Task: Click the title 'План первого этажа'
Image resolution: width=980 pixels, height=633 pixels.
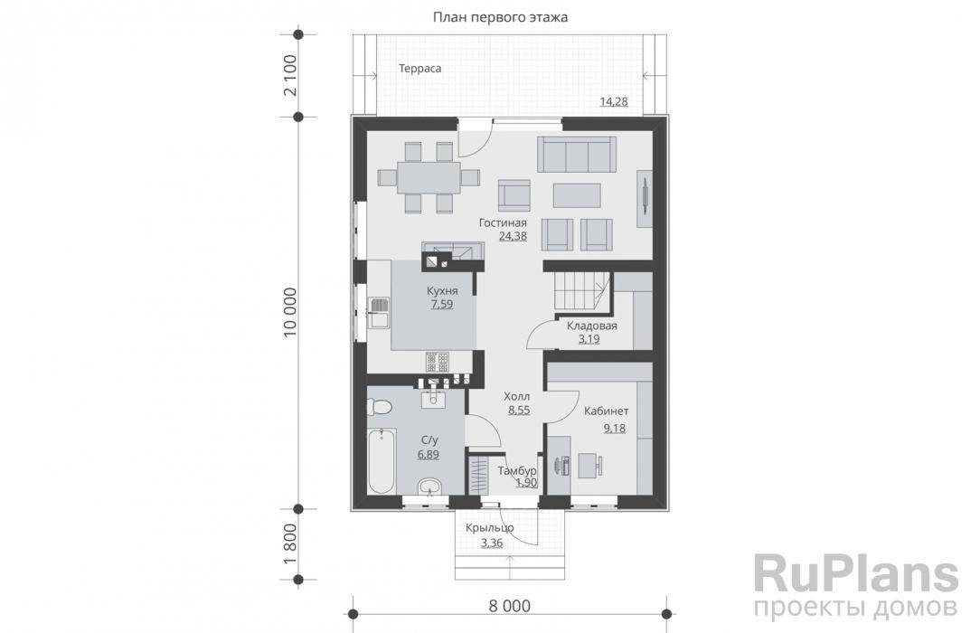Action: coord(500,17)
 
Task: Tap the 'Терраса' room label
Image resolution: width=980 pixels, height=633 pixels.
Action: coord(420,69)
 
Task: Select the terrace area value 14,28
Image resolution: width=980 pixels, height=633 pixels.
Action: coord(614,102)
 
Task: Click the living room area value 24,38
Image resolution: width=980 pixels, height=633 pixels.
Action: coord(513,236)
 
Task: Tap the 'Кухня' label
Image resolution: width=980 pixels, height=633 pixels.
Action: coord(442,290)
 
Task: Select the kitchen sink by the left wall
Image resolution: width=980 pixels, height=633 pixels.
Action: coord(379,313)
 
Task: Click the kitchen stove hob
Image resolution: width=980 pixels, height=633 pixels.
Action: coord(438,362)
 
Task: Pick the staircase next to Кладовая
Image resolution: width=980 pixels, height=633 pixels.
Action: coord(581,292)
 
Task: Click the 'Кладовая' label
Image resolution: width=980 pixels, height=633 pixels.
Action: coord(592,326)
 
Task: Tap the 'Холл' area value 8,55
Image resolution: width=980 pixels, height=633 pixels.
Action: coord(519,411)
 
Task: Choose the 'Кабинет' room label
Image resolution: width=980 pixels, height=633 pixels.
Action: coord(607,411)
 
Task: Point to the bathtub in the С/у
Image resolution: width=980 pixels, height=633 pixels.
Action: coord(382,460)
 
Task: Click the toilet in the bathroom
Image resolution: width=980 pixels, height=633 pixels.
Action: coord(380,408)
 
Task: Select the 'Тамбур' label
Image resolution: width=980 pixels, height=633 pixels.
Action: coord(517,470)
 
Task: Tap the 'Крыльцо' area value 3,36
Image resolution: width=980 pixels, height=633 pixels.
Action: coord(492,543)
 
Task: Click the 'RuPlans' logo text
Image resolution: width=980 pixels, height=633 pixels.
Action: coord(855,573)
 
